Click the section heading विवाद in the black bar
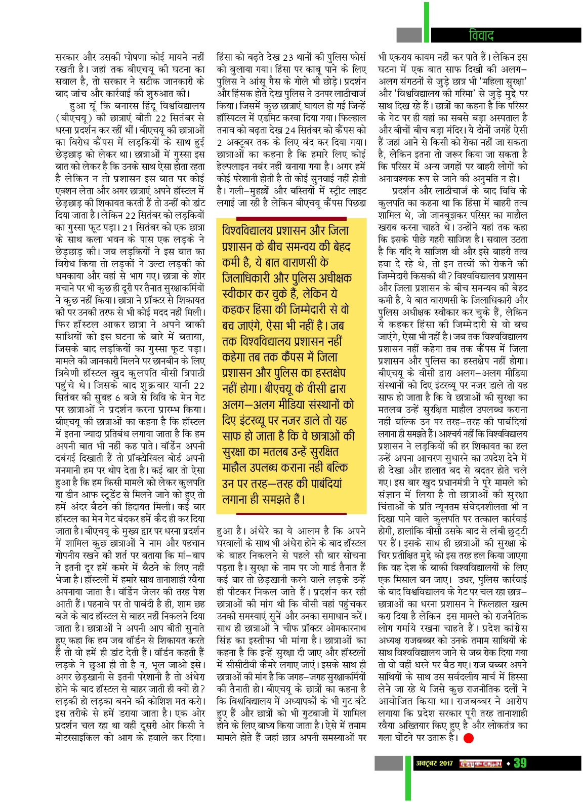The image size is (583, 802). [x=481, y=35]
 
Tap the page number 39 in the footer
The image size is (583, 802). [x=520, y=763]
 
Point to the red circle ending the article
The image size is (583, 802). [x=468, y=738]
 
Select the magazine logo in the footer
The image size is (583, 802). [x=480, y=763]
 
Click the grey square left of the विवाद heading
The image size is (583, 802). [x=409, y=35]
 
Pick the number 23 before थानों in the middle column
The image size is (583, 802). [x=288, y=57]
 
